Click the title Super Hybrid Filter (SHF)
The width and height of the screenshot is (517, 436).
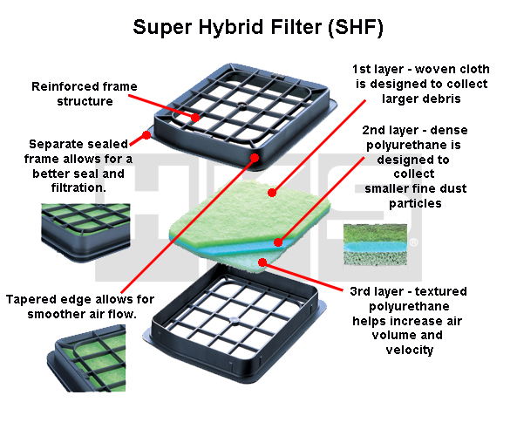[258, 27]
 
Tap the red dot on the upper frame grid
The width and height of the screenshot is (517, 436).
[195, 118]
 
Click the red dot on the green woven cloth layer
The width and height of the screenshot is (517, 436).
[272, 193]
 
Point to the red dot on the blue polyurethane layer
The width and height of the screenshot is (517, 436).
[278, 242]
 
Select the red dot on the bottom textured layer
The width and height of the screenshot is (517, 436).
[262, 262]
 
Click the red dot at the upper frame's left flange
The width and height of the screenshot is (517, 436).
[146, 135]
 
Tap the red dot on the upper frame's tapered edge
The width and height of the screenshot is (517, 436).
[255, 158]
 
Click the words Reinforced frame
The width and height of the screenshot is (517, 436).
[85, 86]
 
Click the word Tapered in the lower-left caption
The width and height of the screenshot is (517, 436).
[27, 299]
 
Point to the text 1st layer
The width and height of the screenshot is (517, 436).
[378, 69]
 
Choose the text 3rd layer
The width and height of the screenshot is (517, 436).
[377, 291]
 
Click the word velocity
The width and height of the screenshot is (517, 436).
[410, 350]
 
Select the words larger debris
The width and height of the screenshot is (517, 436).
[421, 99]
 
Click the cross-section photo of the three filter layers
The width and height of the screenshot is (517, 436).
[375, 244]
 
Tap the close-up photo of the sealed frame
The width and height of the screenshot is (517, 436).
[85, 233]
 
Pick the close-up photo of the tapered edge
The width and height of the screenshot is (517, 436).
[86, 358]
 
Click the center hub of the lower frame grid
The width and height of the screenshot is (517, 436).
[234, 320]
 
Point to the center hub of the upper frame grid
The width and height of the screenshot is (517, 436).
[242, 106]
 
